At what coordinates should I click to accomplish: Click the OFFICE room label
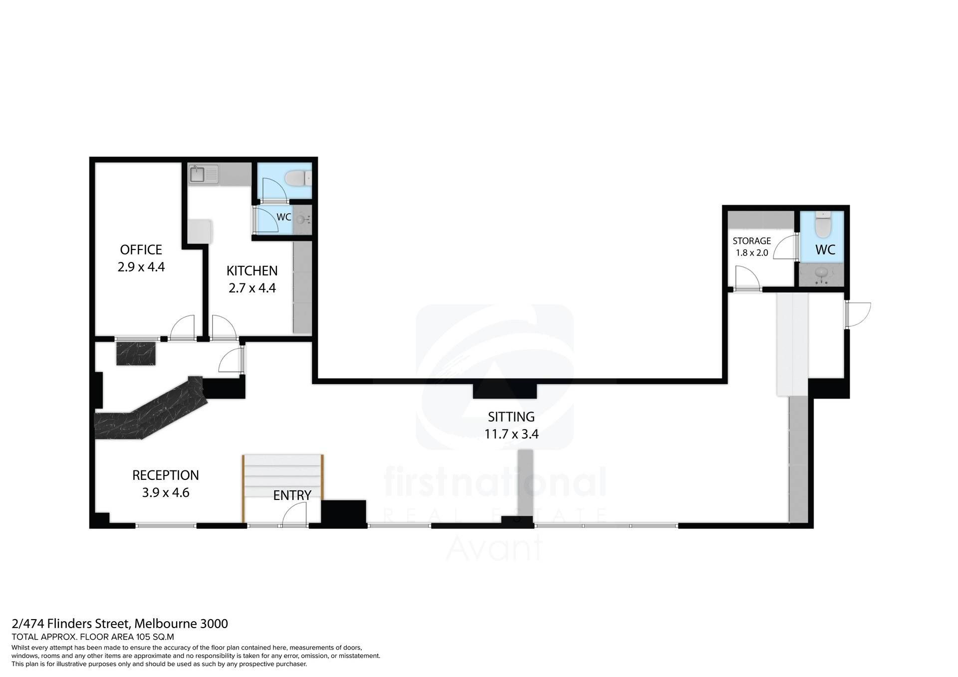click(x=141, y=249)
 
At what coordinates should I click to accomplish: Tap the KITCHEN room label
click(x=252, y=271)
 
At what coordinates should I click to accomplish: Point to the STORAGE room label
click(x=751, y=241)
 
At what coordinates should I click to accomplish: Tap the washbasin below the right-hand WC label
click(x=822, y=273)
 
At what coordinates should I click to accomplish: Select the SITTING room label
click(x=511, y=417)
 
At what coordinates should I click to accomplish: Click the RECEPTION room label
click(x=166, y=475)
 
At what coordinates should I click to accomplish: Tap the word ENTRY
click(x=292, y=495)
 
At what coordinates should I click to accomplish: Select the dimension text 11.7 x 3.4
click(x=511, y=434)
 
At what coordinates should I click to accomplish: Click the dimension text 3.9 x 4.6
click(x=166, y=493)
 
